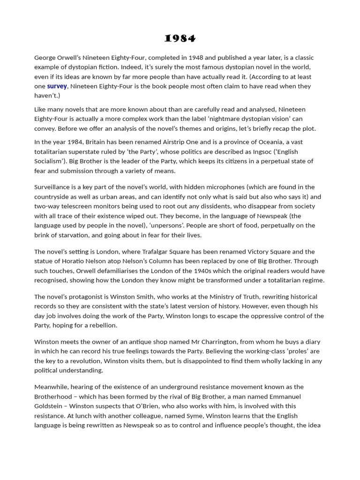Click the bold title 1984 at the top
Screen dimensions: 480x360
click(180, 38)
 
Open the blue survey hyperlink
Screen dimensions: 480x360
click(57, 86)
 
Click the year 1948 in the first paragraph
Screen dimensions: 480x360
click(195, 58)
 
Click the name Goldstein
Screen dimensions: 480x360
click(50, 406)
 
